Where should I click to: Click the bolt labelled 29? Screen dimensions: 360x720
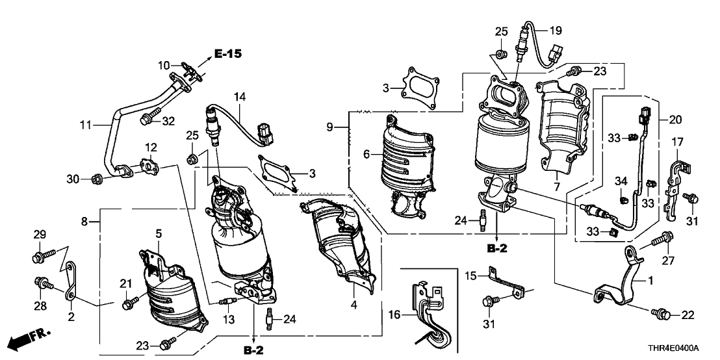(38, 257)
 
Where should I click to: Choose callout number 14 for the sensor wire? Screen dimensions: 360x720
(240, 98)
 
